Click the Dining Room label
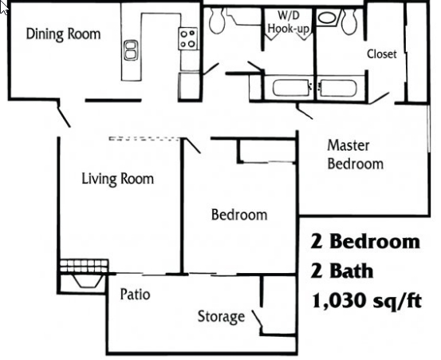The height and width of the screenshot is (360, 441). tap(63, 34)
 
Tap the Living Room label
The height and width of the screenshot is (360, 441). tap(118, 178)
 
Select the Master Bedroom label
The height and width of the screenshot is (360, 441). tap(355, 155)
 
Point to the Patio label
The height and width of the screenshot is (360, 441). tap(135, 294)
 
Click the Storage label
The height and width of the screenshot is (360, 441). tap(221, 317)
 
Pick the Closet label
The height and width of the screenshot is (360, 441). tap(381, 54)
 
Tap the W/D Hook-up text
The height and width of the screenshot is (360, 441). tap(289, 22)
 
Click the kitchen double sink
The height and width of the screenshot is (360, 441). tap(131, 52)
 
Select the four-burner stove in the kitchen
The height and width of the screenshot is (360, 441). tap(188, 38)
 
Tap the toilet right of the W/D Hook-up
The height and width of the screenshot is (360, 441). tap(348, 23)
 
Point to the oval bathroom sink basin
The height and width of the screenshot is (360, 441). tap(326, 17)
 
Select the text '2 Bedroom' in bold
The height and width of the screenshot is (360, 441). tap(364, 241)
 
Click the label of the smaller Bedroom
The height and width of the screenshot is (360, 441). tap(238, 215)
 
